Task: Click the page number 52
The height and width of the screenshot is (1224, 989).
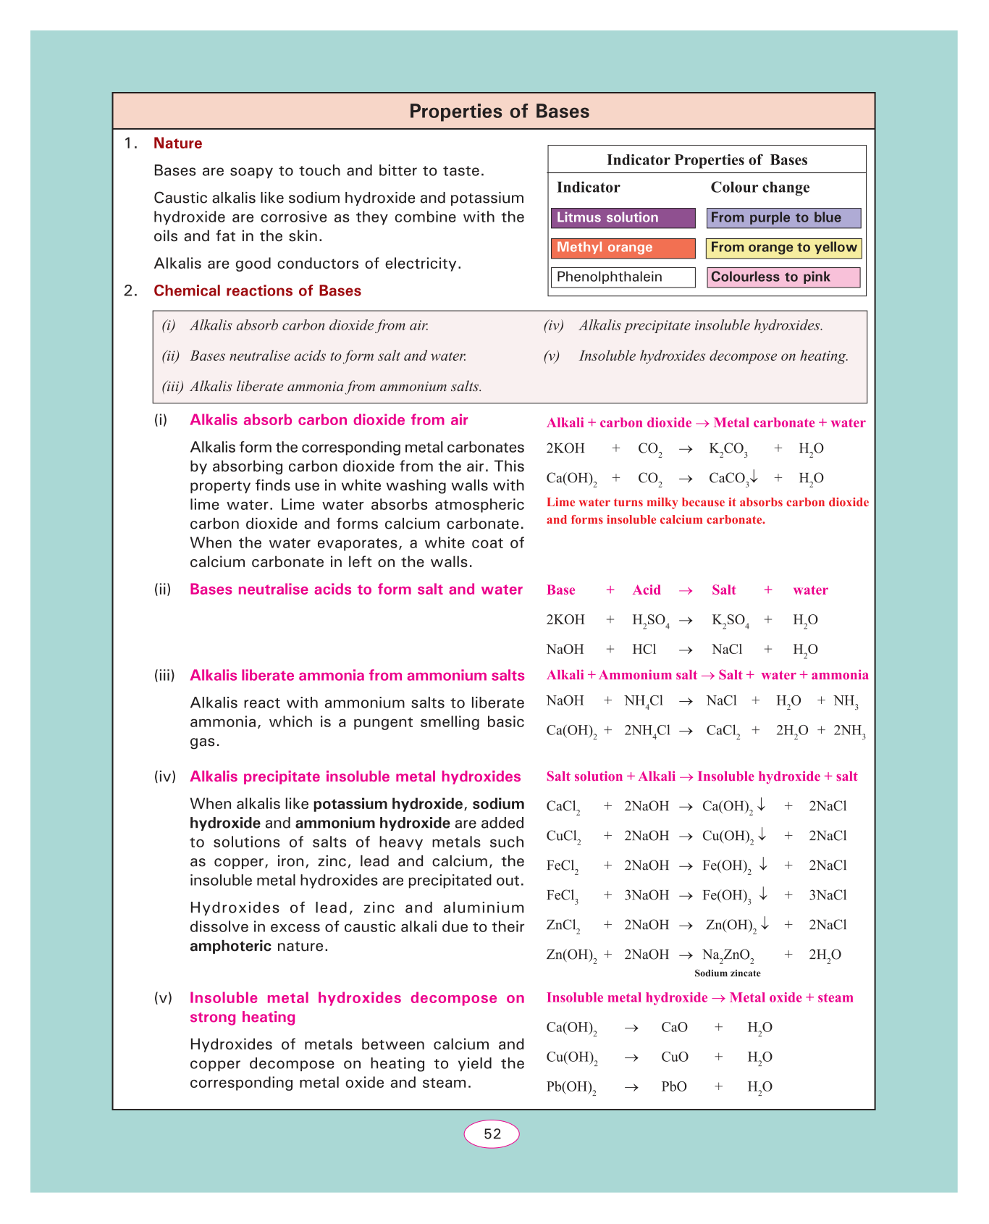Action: [x=492, y=1134]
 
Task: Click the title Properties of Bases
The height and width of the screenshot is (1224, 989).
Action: [x=499, y=112]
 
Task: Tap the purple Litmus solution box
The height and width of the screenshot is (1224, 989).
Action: [x=623, y=218]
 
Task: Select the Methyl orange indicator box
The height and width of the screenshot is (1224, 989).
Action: [x=623, y=248]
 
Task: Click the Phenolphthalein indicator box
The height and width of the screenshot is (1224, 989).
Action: [x=623, y=277]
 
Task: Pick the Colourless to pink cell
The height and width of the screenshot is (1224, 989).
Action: [x=783, y=277]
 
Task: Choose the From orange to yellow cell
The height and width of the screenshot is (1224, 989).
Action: [x=783, y=248]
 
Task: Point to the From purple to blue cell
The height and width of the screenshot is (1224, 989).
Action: [x=783, y=218]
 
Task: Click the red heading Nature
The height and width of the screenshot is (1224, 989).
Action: [x=177, y=143]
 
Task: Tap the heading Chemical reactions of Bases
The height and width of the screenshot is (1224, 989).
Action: [x=257, y=291]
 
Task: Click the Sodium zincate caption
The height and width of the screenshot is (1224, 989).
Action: [x=727, y=973]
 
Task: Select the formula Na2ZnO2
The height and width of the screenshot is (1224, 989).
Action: [x=728, y=955]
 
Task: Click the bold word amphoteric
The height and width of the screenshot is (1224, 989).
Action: [x=230, y=946]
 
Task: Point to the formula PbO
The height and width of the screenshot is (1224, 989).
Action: [x=674, y=1087]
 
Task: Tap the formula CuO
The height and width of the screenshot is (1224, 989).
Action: [x=675, y=1057]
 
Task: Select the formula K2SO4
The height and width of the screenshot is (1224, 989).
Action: [x=730, y=621]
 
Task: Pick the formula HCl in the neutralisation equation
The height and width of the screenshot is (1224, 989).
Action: [x=644, y=650]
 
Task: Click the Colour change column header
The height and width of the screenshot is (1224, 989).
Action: [x=759, y=188]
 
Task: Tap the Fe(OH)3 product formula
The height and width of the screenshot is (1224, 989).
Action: [x=727, y=896]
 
